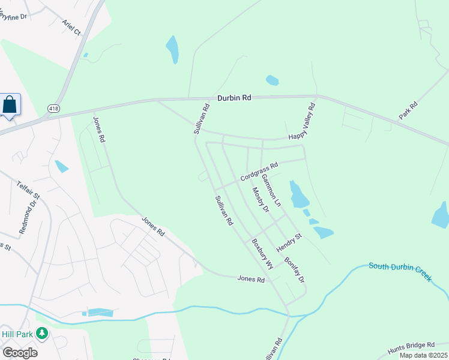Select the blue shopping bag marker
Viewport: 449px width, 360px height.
tap(10, 104)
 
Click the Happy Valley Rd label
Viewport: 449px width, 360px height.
tap(302, 121)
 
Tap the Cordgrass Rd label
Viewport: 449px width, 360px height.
tap(259, 172)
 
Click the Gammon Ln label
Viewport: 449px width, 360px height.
tap(271, 191)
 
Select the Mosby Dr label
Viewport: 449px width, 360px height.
tap(260, 199)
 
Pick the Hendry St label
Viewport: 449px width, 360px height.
tap(289, 243)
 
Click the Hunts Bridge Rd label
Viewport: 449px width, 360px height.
tap(411, 345)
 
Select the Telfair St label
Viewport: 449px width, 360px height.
tap(28, 191)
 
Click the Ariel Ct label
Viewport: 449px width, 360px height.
tap(71, 27)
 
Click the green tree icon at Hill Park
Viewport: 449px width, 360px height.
tap(41, 332)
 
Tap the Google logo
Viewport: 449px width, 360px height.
tap(20, 353)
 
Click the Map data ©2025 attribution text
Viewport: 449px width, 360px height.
tap(423, 355)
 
